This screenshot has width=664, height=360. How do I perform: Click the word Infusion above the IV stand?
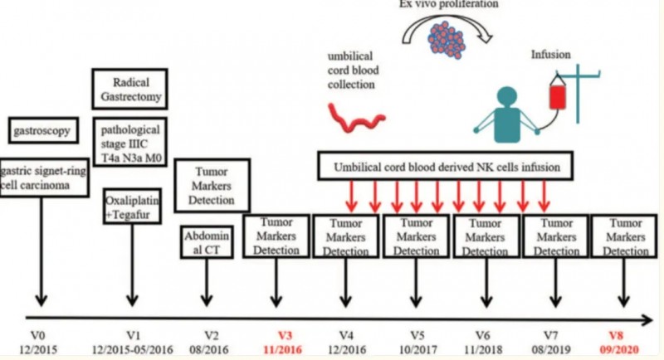tap(552, 56)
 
